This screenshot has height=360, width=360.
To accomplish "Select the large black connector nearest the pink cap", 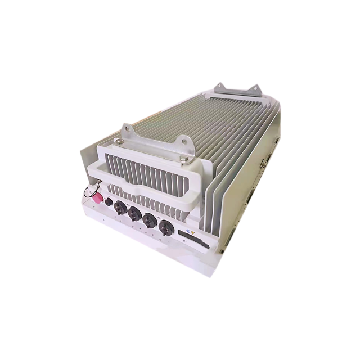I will (x=119, y=208).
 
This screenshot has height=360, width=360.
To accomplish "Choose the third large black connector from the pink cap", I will (x=150, y=220).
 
